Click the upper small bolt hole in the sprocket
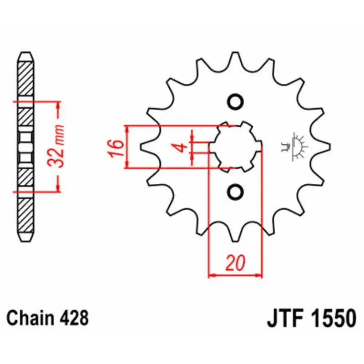[235, 102]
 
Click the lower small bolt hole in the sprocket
[235, 192]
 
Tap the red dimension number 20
[235, 263]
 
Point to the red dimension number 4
[182, 147]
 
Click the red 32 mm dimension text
[56, 146]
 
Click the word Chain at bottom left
[30, 318]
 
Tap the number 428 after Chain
[74, 318]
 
